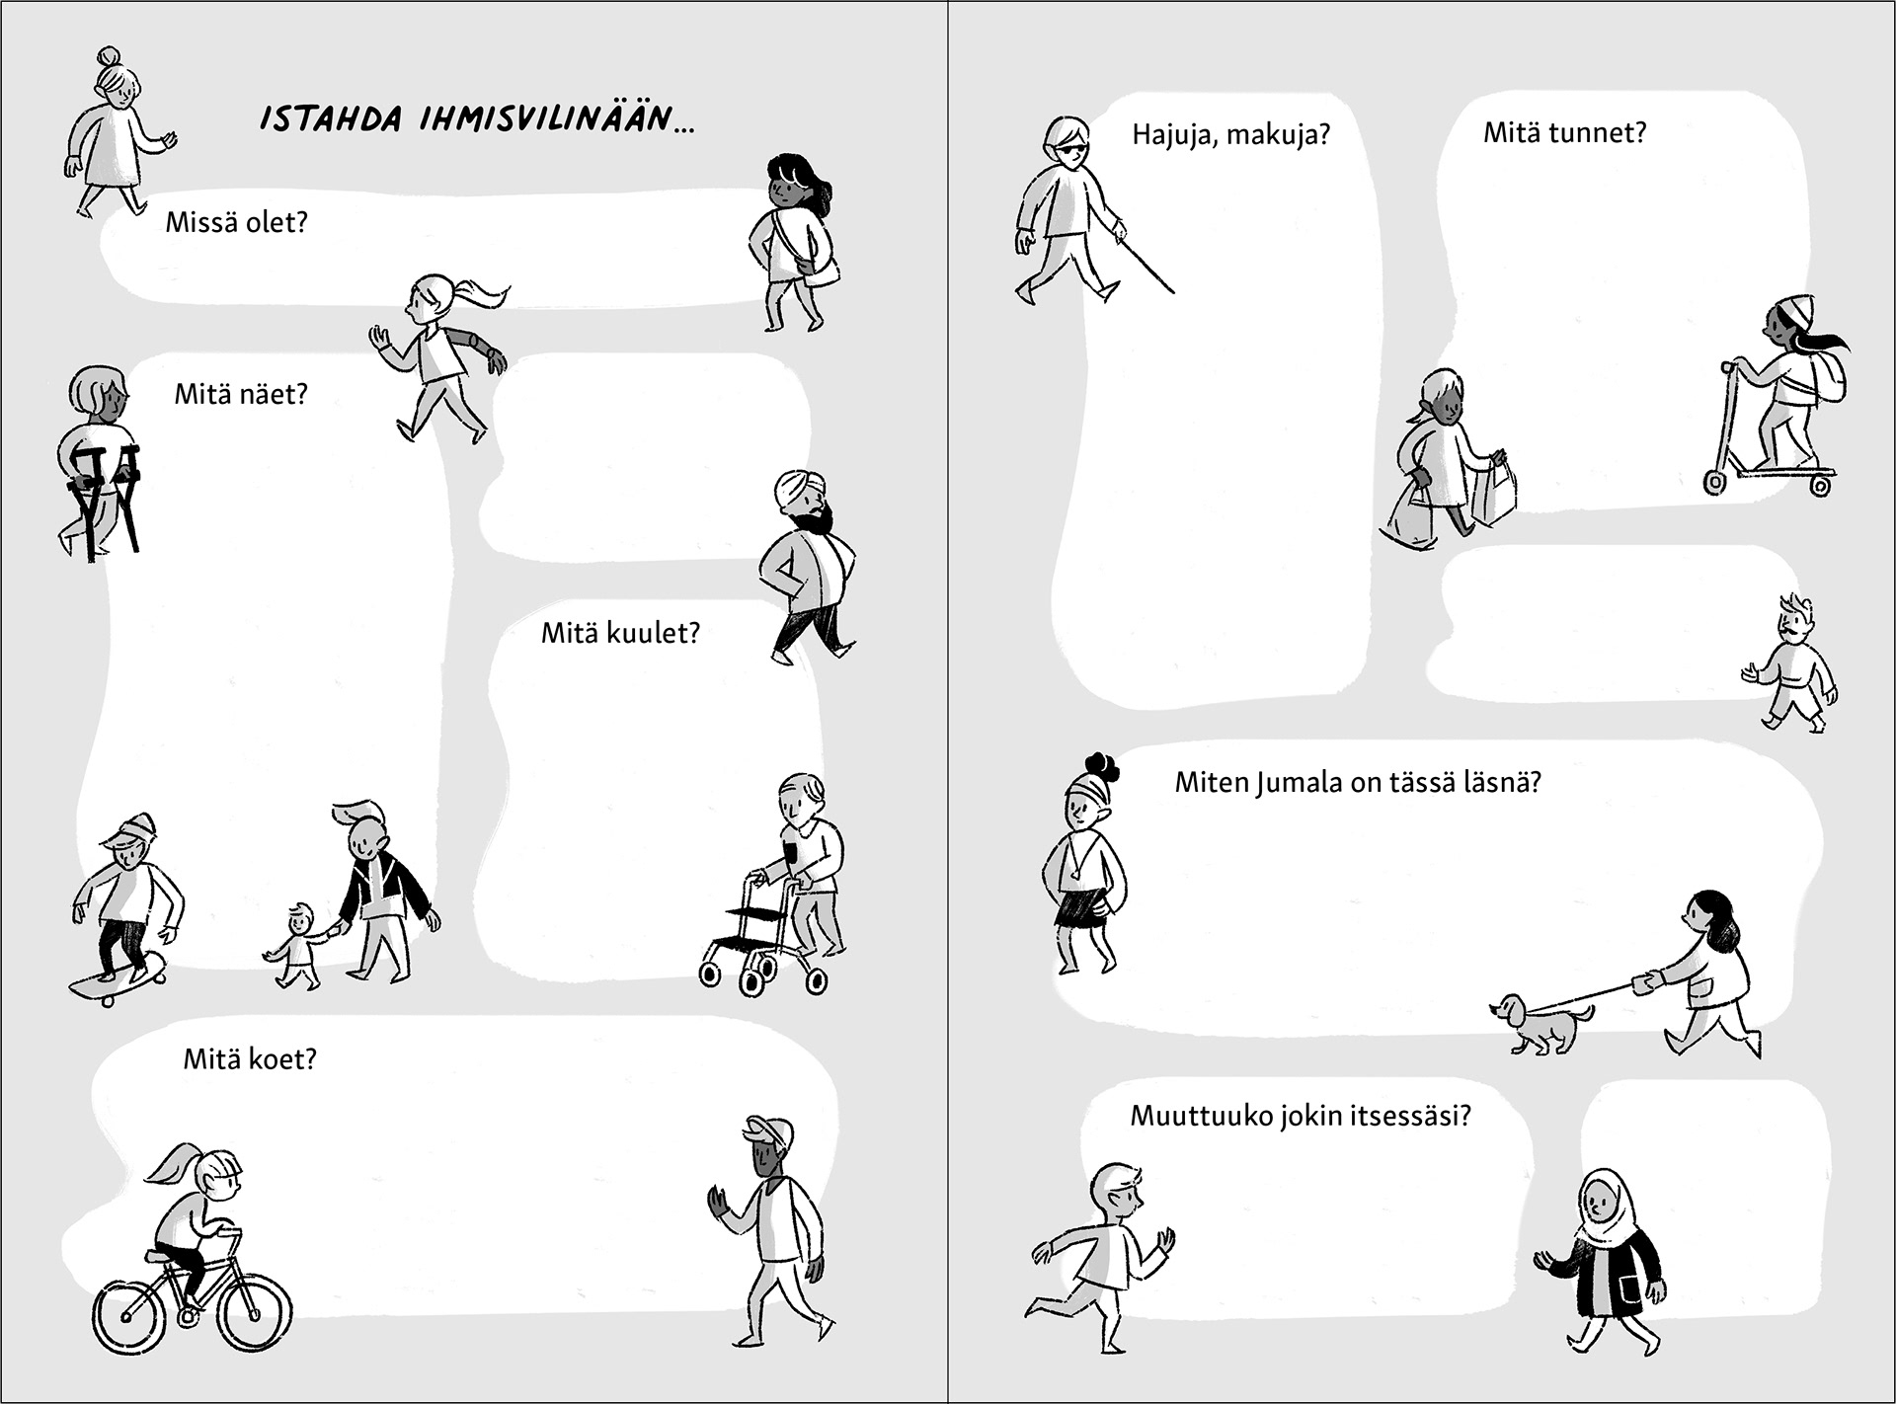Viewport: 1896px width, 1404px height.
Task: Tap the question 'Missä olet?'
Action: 237,222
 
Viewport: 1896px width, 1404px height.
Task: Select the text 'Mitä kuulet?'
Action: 620,633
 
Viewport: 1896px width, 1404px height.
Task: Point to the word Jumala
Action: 1301,783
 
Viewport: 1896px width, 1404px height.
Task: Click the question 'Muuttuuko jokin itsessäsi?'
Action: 1301,1116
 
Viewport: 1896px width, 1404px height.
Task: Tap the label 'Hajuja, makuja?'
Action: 1231,134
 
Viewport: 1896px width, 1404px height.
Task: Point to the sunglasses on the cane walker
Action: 1071,150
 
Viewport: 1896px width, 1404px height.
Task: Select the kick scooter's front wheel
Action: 1715,482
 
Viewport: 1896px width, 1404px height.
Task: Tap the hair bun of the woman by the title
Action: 108,57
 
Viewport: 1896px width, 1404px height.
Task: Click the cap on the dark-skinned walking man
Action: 770,1131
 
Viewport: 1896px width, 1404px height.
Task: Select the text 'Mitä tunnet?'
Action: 1565,132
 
